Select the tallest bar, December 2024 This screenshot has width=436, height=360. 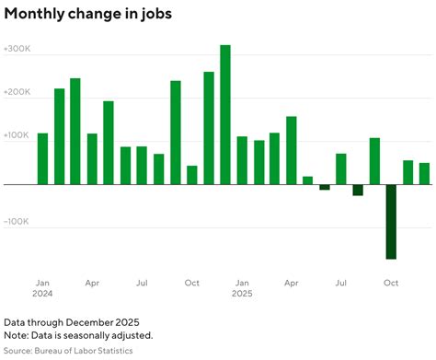click(x=225, y=114)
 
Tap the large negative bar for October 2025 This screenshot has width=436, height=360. click(x=391, y=221)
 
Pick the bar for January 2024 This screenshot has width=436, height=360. click(x=42, y=158)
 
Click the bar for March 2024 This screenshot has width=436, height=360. click(x=75, y=131)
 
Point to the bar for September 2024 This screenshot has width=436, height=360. click(x=176, y=133)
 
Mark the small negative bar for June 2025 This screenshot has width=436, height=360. click(x=325, y=187)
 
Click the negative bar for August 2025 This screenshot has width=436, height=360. click(x=358, y=190)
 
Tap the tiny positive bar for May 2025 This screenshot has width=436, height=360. click(x=308, y=180)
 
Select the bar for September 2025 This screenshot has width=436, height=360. click(x=374, y=161)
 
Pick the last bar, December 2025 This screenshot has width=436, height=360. click(x=424, y=173)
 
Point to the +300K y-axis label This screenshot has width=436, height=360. click(x=17, y=49)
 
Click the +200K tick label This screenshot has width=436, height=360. click(x=17, y=93)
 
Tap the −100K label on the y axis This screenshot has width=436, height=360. click(x=17, y=222)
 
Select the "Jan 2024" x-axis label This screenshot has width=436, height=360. click(x=43, y=288)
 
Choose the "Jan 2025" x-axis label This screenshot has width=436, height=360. click(x=242, y=288)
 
